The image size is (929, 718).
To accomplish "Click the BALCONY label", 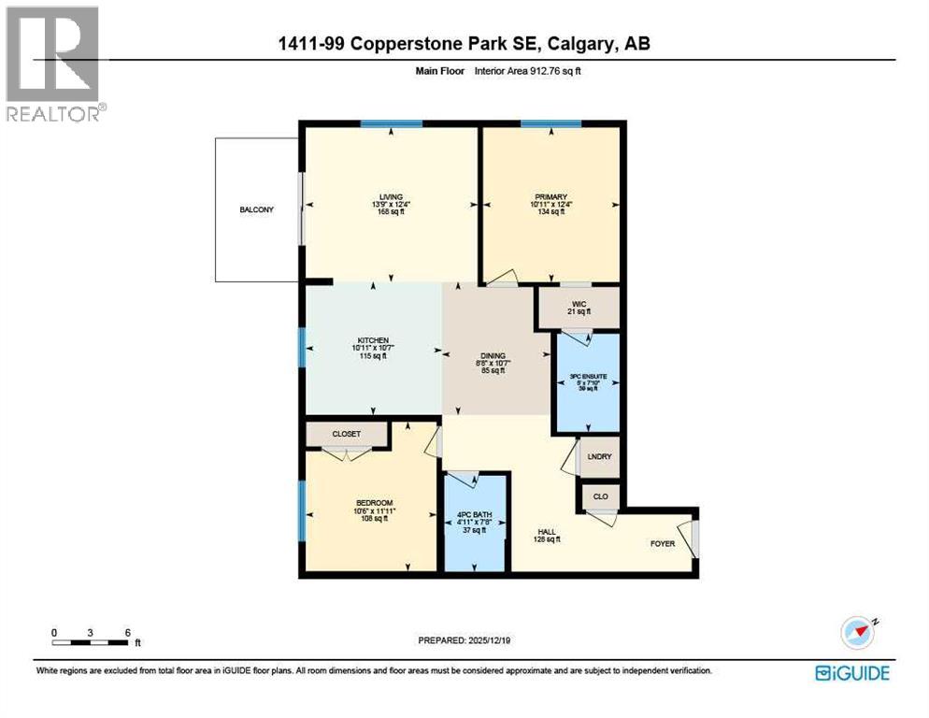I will click(x=256, y=209).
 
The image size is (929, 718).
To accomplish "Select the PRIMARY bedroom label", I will click(x=550, y=196).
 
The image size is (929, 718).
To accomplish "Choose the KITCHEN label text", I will click(x=372, y=340).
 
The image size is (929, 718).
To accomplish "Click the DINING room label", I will click(x=493, y=356).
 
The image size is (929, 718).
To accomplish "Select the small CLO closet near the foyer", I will click(x=601, y=496).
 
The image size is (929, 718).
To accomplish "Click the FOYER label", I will click(x=663, y=543).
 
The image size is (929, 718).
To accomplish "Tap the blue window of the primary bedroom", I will click(x=550, y=123).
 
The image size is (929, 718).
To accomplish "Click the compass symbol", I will click(x=857, y=633).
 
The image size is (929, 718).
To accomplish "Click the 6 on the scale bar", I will click(x=126, y=633).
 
